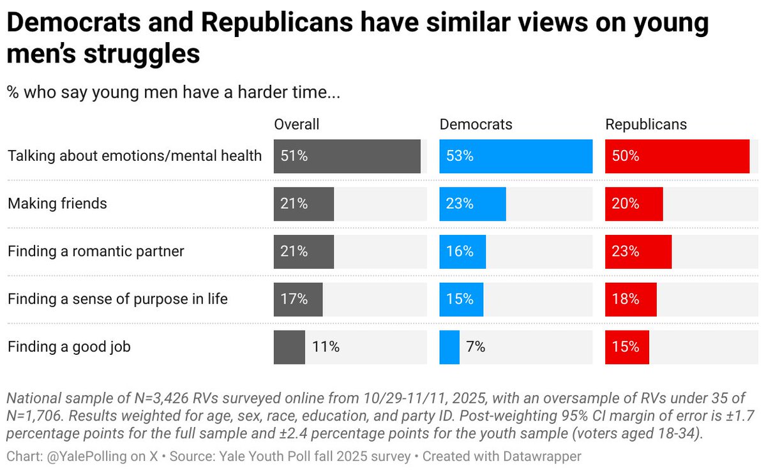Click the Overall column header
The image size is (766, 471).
point(296,124)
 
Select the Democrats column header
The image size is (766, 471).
point(476,124)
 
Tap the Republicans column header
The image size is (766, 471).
point(645,124)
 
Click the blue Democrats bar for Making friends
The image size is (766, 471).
point(472,204)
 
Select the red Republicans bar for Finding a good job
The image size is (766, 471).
point(627,347)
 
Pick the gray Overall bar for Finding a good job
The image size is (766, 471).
point(289,347)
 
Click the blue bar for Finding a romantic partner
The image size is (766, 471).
point(462,251)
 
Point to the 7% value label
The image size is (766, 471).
point(476,347)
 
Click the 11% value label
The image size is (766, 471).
point(326,347)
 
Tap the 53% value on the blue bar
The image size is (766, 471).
point(460,156)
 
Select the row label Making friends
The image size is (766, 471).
point(57,204)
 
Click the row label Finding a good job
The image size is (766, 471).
point(69,347)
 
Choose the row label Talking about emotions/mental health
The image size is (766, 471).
point(135,156)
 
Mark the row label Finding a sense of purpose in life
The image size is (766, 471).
point(117,299)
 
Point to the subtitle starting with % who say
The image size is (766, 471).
point(174,93)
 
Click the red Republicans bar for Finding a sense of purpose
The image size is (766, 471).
point(631,299)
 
